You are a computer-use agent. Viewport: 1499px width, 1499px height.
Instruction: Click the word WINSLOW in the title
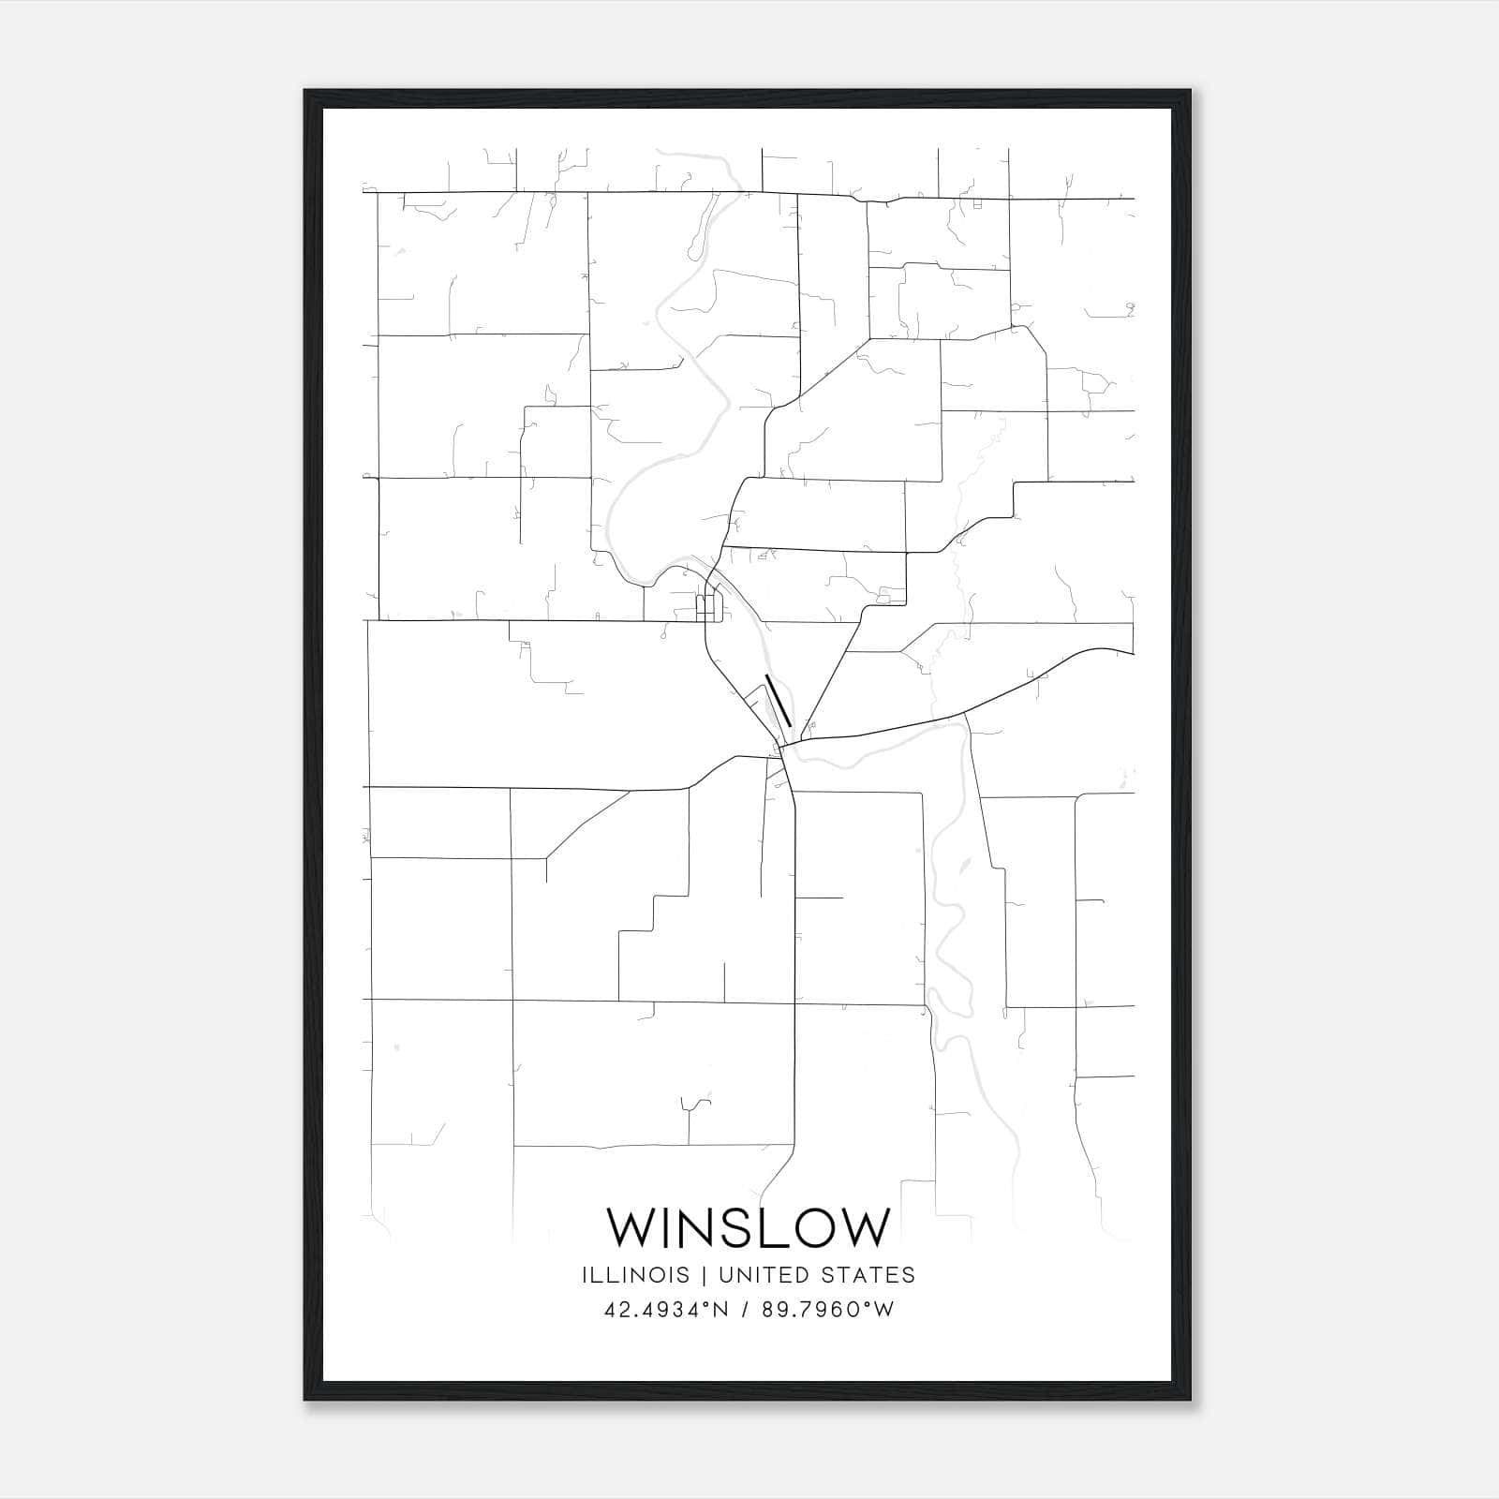748,1227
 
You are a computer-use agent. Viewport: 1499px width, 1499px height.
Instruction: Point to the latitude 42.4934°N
667,1310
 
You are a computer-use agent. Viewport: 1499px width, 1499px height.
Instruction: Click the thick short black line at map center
779,700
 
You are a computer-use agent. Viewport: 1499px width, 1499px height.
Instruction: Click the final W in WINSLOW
868,1227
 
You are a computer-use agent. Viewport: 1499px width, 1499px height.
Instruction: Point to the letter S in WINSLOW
735,1227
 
